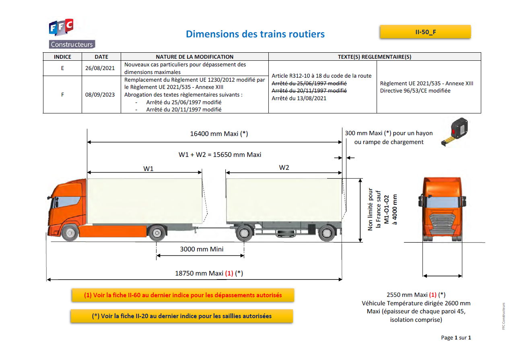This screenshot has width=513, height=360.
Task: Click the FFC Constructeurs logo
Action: tap(72, 34)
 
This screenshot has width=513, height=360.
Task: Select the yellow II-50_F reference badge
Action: tap(425, 32)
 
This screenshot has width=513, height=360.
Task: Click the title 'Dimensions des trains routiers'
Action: tap(255, 34)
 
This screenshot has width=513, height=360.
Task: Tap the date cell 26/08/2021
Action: tap(100, 68)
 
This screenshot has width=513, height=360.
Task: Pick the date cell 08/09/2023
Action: tap(100, 95)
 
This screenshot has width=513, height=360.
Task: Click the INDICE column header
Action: tap(62, 57)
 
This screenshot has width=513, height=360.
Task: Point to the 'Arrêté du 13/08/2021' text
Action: tap(299, 98)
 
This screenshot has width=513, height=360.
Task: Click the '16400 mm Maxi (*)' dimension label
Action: tap(219, 134)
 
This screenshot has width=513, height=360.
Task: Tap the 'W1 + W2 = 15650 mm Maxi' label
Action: tap(220, 154)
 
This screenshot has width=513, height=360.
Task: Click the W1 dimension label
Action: tap(148, 169)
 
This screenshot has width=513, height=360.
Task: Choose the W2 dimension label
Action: tap(284, 167)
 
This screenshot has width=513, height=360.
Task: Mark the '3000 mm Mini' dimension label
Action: tap(202, 249)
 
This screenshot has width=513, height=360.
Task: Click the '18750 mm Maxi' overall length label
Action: tap(209, 273)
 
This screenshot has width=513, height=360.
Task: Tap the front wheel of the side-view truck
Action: tap(70, 233)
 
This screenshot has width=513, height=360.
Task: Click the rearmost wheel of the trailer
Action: tap(326, 233)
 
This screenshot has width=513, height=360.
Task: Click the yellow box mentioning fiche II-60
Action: tap(183, 295)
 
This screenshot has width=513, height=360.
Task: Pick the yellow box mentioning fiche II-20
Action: tap(181, 316)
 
